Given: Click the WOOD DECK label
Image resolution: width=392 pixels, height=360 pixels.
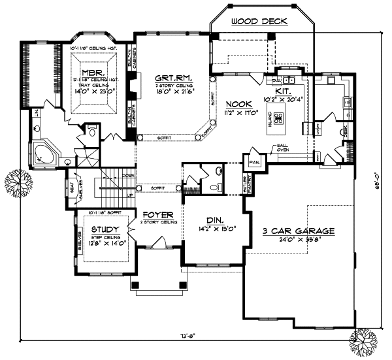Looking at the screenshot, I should click(x=259, y=22).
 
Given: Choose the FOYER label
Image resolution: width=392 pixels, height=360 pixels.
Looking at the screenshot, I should click(x=157, y=214).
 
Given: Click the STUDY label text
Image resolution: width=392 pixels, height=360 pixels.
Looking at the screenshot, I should click(x=105, y=229).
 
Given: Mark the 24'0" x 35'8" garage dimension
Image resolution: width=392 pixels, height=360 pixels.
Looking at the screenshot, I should click(x=299, y=240).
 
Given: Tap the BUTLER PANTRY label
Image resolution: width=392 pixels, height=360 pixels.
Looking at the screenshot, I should click(x=238, y=188).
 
